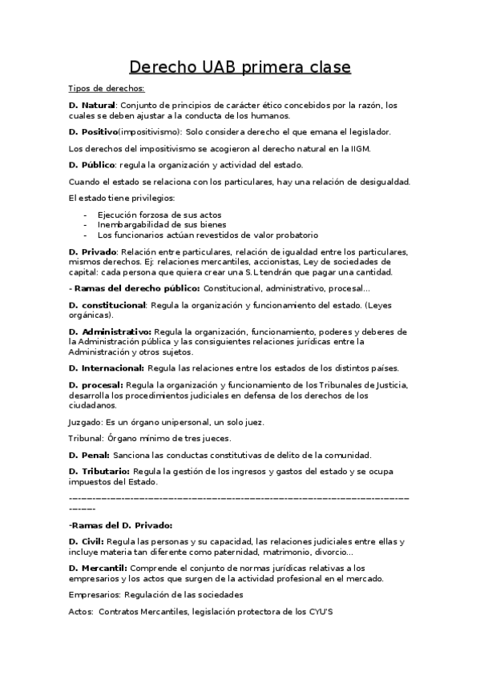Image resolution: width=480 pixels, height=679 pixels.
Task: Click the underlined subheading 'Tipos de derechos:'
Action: (107, 89)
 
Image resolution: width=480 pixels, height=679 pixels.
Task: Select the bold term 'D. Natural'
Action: (92, 105)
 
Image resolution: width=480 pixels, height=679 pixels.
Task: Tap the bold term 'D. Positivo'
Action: (93, 131)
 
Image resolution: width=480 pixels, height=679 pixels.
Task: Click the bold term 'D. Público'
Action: (92, 165)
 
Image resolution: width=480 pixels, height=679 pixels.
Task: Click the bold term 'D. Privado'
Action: (93, 251)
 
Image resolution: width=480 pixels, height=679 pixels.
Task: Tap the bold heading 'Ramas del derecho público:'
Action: (137, 287)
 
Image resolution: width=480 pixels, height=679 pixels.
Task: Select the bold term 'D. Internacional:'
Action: (107, 368)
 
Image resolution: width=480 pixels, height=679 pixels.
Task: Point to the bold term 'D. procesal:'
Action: (96, 385)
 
